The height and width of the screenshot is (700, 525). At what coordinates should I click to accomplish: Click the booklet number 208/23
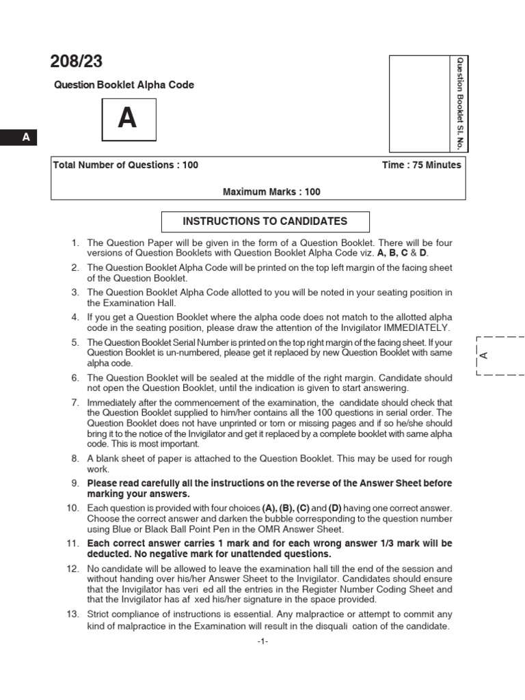pyautogui.click(x=76, y=62)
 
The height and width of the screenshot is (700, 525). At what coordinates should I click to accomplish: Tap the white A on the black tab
pyautogui.click(x=27, y=137)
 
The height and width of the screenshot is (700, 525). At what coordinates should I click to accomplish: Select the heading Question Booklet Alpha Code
pyautogui.click(x=124, y=85)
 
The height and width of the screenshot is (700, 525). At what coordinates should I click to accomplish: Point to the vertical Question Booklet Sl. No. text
pyautogui.click(x=460, y=104)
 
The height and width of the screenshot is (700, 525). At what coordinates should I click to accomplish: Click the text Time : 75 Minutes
pyautogui.click(x=422, y=165)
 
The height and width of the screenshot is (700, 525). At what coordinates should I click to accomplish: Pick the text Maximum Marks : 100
pyautogui.click(x=271, y=192)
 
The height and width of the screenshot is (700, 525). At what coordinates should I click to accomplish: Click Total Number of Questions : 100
pyautogui.click(x=126, y=165)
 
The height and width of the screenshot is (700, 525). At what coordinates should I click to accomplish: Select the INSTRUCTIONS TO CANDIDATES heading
pyautogui.click(x=265, y=221)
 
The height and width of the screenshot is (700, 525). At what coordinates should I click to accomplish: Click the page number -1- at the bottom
pyautogui.click(x=262, y=643)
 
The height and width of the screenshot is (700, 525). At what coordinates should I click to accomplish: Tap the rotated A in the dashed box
pyautogui.click(x=483, y=355)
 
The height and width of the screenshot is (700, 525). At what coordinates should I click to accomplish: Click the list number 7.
pyautogui.click(x=76, y=403)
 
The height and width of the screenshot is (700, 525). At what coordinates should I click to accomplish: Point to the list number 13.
pyautogui.click(x=73, y=615)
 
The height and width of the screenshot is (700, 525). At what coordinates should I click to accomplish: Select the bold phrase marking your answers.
pyautogui.click(x=138, y=494)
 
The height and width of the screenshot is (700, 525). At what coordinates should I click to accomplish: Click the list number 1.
pyautogui.click(x=76, y=243)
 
